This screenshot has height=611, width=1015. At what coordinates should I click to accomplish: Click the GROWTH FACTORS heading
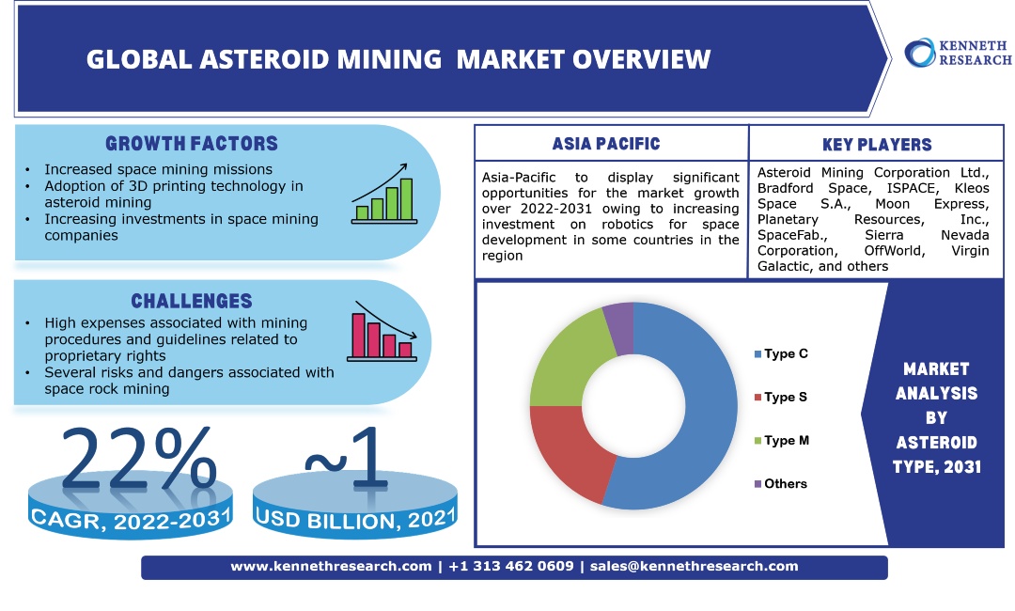click(192, 144)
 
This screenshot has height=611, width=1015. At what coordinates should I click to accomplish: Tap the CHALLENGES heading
click(192, 301)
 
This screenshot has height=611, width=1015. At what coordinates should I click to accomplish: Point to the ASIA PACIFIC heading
click(606, 144)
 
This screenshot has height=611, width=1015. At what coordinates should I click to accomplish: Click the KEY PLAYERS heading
click(876, 145)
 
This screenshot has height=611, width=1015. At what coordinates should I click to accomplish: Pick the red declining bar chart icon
click(382, 335)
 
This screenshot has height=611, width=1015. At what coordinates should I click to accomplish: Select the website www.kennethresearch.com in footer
click(331, 567)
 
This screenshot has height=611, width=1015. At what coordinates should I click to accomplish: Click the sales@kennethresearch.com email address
click(694, 567)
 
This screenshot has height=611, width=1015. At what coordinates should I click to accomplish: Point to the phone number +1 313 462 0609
click(511, 567)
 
